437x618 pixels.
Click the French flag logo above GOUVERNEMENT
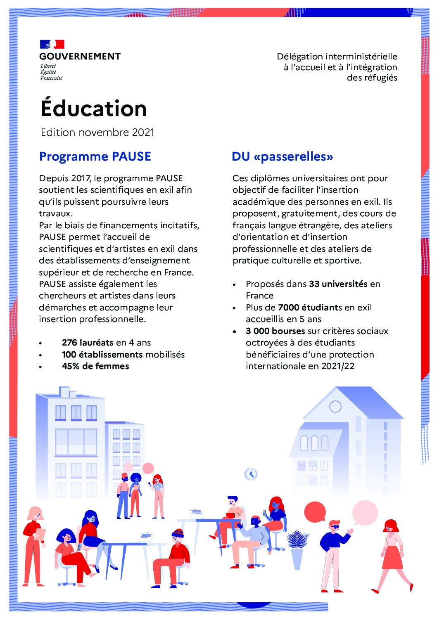pyautogui.click(x=52, y=44)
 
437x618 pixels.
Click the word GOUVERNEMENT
pyautogui.click(x=80, y=57)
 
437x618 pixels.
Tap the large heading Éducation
pyautogui.click(x=94, y=109)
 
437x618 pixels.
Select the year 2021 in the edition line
pyautogui.click(x=143, y=133)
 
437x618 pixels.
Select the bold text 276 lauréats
pyautogui.click(x=88, y=343)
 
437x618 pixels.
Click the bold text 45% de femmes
pyautogui.click(x=95, y=366)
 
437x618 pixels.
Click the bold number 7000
pyautogui.click(x=287, y=308)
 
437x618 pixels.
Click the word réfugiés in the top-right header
pyautogui.click(x=372, y=78)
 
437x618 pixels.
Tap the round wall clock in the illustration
pyautogui.click(x=251, y=474)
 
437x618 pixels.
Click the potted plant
pyautogui.click(x=297, y=547)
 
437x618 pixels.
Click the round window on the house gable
pyautogui.click(x=335, y=407)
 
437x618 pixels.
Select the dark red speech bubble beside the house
pyautogui.click(x=315, y=511)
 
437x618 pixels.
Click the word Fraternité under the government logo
pyautogui.click(x=51, y=78)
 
